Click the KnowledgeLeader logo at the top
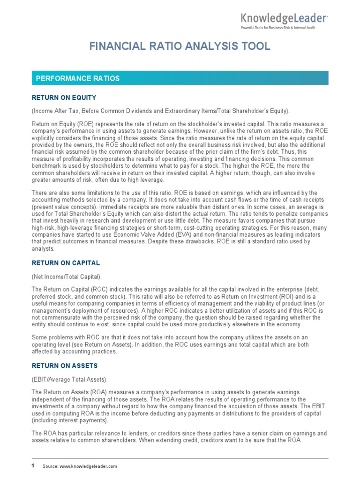pyautogui.click(x=284, y=18)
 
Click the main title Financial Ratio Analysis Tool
pyautogui.click(x=180, y=46)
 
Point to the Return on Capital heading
pyautogui.click(x=66, y=263)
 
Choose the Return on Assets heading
pyautogui.click(x=64, y=365)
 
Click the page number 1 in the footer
pyautogui.click(x=33, y=465)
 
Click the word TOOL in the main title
pyautogui.click(x=256, y=46)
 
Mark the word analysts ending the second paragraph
pyautogui.click(x=43, y=249)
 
